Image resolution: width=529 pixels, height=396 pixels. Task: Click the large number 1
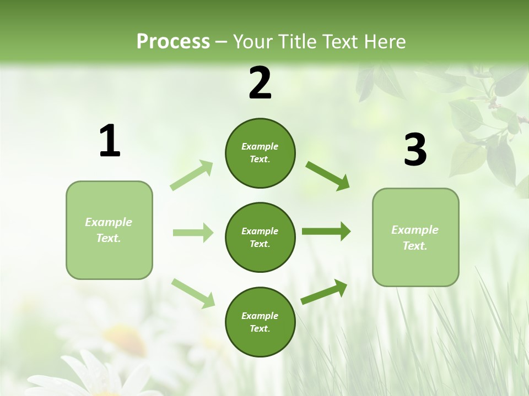[x=110, y=141]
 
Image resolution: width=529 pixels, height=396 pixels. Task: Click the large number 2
[x=260, y=83]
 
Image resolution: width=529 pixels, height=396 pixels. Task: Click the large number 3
[x=415, y=150]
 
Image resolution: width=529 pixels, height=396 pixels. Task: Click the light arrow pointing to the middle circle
[x=193, y=233]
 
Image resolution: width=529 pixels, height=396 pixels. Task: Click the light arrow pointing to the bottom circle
[x=193, y=293]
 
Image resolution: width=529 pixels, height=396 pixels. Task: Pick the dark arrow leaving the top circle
[x=327, y=175]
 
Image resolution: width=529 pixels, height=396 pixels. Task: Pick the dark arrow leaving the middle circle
[x=326, y=231]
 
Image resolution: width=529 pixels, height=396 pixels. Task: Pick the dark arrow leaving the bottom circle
[x=324, y=291]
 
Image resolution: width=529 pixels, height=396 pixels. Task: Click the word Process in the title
[x=173, y=41]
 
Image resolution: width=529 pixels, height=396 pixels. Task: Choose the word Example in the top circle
[x=260, y=146]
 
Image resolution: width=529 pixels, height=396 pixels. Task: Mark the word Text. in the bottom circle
[x=260, y=328]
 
